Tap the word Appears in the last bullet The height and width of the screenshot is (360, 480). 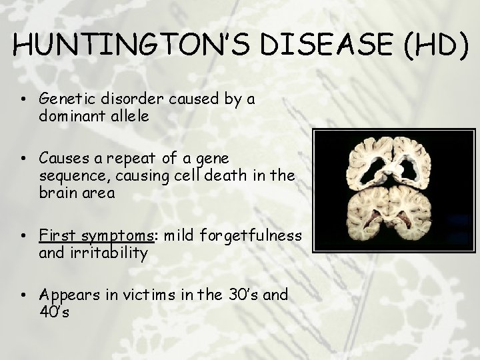tap(67, 295)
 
